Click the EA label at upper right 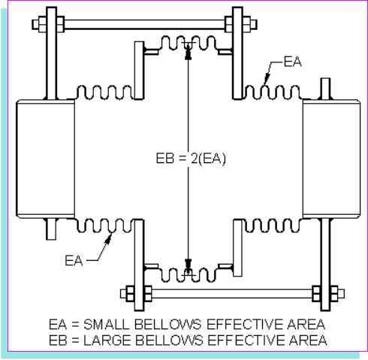[x=293, y=62]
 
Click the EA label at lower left [x=74, y=260]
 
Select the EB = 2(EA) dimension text [x=191, y=159]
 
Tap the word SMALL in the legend [x=107, y=325]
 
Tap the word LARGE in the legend [x=107, y=340]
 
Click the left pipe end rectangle [x=45, y=159]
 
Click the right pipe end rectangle [x=331, y=159]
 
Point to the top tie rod [x=145, y=25]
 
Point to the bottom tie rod [x=232, y=294]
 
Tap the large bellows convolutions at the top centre [x=188, y=43]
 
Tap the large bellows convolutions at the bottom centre [x=188, y=275]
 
